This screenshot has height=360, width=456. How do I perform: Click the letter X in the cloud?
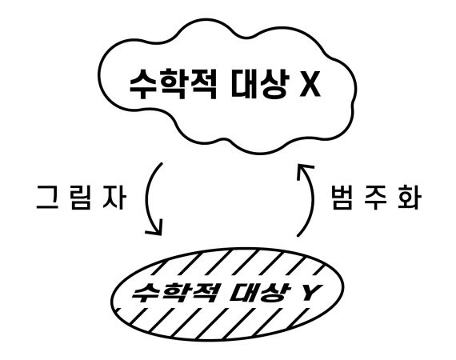(x=310, y=83)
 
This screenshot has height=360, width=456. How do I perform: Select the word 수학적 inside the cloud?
(x=173, y=84)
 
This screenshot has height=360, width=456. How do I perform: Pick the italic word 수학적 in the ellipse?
(x=174, y=292)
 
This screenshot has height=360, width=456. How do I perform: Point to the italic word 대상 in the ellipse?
(x=260, y=292)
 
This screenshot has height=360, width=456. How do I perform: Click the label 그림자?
(x=81, y=198)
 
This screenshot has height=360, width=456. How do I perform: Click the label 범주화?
(x=376, y=198)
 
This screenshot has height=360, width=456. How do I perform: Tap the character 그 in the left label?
(x=47, y=198)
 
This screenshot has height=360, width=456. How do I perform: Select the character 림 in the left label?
(x=81, y=198)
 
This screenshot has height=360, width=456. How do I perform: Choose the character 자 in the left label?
(x=115, y=198)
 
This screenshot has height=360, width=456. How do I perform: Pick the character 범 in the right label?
(x=342, y=198)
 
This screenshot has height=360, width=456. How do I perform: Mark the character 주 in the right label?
(x=376, y=198)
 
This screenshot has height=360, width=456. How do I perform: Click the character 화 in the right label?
(x=410, y=198)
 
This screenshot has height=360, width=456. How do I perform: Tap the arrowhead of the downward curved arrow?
(x=155, y=228)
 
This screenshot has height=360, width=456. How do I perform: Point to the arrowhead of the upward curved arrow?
(x=305, y=170)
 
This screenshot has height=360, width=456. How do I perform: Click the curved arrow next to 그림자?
(x=147, y=198)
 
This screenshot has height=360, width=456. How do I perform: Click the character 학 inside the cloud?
(x=174, y=84)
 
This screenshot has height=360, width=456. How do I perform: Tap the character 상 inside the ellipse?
(x=276, y=292)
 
